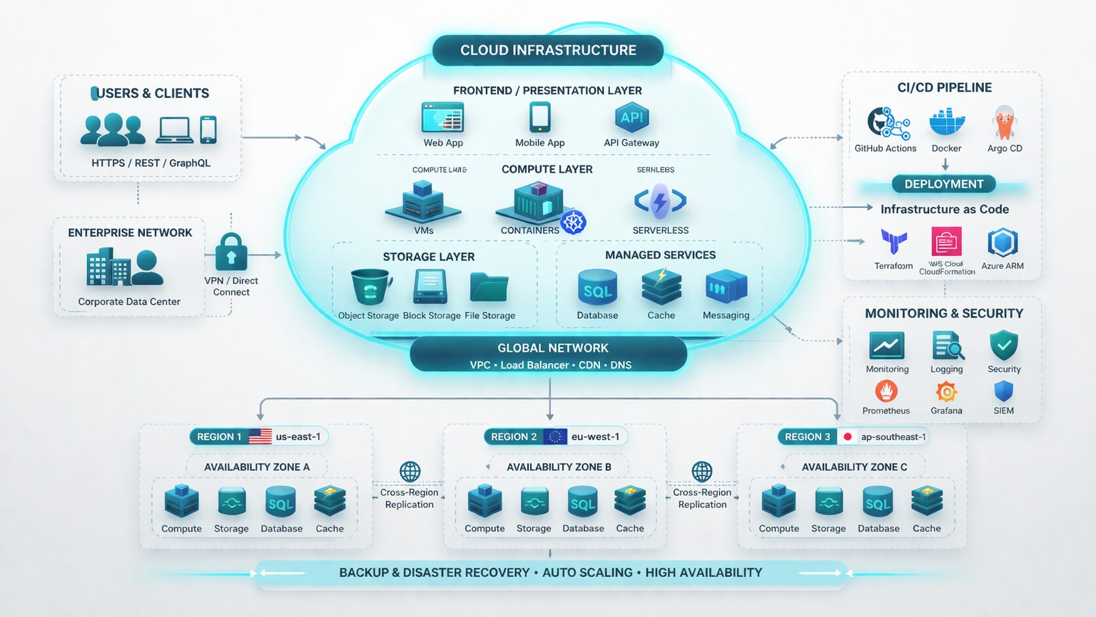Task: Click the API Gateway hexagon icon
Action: coord(631,118)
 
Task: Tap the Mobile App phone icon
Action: coord(540,118)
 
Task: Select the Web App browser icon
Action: coord(443,119)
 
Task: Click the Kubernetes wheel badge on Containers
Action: coord(573,223)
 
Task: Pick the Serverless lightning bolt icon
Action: coord(660,202)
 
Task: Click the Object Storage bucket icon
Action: coord(371,287)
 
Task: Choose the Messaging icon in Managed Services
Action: coord(726,287)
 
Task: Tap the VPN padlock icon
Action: coord(231,252)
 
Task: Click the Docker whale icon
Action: coord(947,123)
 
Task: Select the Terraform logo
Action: coord(893,242)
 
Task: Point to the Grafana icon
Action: coord(946,392)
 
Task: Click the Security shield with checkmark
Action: coord(1004,345)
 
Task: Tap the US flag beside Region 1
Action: coord(260,436)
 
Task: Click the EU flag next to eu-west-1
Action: coord(555,436)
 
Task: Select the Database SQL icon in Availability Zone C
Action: coord(878,503)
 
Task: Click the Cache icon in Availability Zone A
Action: coord(329,502)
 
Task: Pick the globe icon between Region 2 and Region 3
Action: coord(702,471)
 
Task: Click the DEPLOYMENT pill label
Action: coord(944,184)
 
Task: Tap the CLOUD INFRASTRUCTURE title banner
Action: coord(548,51)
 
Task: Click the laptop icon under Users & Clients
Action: coord(174,130)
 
